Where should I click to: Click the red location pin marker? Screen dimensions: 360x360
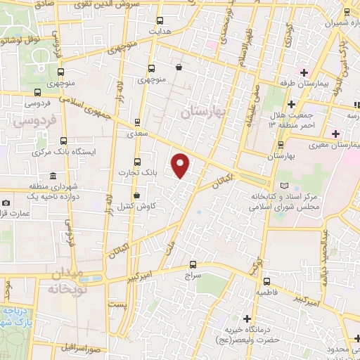pyautogui.click(x=181, y=165)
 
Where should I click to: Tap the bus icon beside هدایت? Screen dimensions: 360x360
pyautogui.click(x=160, y=20)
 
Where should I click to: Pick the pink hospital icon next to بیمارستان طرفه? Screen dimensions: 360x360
pyautogui.click(x=303, y=71)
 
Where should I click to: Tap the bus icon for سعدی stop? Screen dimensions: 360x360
pyautogui.click(x=137, y=121)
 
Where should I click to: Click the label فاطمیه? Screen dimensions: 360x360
pyautogui.click(x=271, y=290)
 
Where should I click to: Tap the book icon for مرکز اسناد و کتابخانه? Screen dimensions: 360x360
pyautogui.click(x=285, y=186)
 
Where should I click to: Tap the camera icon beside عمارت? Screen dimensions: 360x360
pyautogui.click(x=6, y=203)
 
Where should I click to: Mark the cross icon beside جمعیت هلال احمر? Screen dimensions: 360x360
pyautogui.click(x=290, y=104)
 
